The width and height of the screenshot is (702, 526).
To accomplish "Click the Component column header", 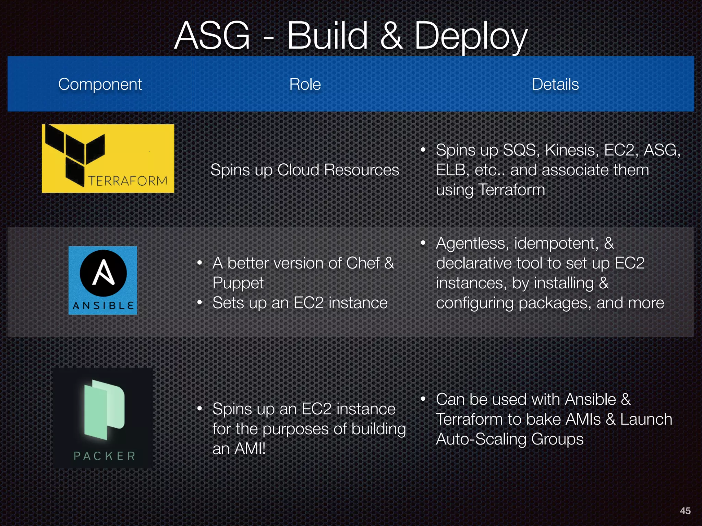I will pyautogui.click(x=100, y=84).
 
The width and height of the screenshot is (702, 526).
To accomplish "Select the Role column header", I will pyautogui.click(x=305, y=84).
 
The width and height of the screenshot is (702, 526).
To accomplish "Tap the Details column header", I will pyautogui.click(x=555, y=84).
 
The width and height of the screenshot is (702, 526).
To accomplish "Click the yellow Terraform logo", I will pyautogui.click(x=108, y=159).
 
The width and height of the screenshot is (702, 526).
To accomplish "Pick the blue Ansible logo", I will pyautogui.click(x=103, y=280).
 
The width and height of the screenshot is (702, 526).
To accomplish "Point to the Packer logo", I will pyautogui.click(x=103, y=418).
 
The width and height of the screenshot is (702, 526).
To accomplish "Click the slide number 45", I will pyautogui.click(x=685, y=511).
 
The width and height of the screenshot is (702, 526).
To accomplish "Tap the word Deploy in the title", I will pyautogui.click(x=471, y=36).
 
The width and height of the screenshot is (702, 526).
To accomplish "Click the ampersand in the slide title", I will pyautogui.click(x=391, y=36).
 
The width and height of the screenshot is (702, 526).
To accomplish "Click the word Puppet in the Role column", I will pyautogui.click(x=238, y=283).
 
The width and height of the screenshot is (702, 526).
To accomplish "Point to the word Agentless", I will pyautogui.click(x=472, y=243).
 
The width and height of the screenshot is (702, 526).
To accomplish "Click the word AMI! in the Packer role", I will pyautogui.click(x=250, y=449).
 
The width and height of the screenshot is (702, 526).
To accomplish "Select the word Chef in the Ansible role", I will pyautogui.click(x=363, y=263).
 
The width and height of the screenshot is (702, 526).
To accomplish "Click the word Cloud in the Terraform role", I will pyautogui.click(x=298, y=170).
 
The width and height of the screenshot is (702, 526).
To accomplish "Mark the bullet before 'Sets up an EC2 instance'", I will pyautogui.click(x=200, y=303).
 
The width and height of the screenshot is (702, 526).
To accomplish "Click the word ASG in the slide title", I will pyautogui.click(x=212, y=36).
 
